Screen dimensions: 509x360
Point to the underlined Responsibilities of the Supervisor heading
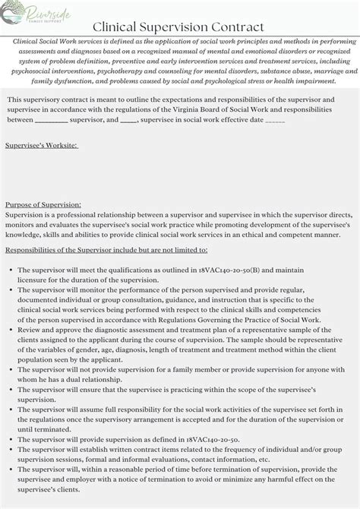tap(106, 249)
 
